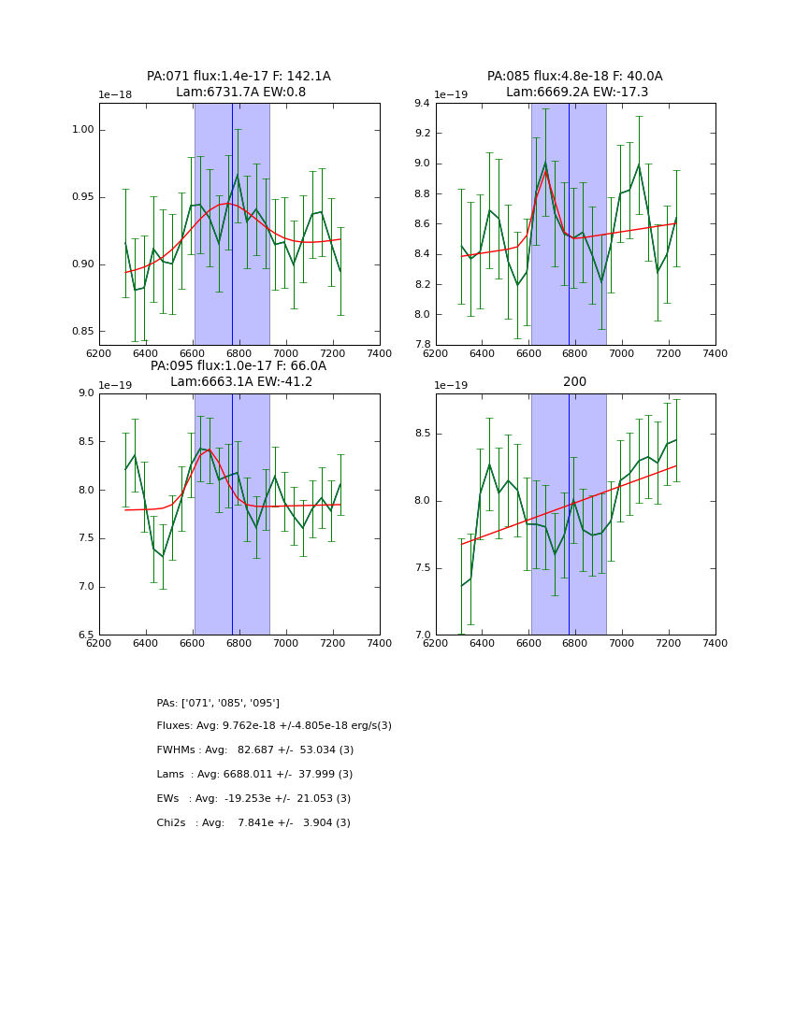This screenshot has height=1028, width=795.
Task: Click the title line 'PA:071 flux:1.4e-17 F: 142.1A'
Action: pos(238,77)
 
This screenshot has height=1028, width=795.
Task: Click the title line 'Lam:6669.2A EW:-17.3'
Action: pos(575,93)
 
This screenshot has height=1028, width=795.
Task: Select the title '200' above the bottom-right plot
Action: pos(575,382)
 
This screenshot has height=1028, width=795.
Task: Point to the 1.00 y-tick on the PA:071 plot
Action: pos(83,130)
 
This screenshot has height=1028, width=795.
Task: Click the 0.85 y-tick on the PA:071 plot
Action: pos(83,332)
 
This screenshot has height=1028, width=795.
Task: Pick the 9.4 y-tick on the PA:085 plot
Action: pos(421,104)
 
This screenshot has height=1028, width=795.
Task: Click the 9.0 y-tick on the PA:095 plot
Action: pos(86,393)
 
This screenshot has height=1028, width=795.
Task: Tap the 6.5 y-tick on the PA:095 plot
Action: pos(86,635)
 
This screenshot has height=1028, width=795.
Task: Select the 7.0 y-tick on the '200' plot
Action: pos(421,635)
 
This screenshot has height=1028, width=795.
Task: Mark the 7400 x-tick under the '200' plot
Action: pos(715,644)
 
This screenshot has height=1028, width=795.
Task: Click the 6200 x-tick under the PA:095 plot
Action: pos(98,644)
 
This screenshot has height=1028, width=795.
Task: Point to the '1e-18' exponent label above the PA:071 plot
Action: pos(116,95)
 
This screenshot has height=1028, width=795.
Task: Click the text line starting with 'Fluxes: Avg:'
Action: pos(274,726)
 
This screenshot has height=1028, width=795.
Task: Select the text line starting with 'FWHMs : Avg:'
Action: pos(254,750)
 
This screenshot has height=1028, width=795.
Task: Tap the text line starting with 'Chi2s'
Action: pos(253,823)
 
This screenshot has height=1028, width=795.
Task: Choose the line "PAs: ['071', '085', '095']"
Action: pos(218,703)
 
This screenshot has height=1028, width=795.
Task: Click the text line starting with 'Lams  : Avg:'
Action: pos(254,775)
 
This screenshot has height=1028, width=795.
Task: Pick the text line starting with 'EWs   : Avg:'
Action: pos(253,799)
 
